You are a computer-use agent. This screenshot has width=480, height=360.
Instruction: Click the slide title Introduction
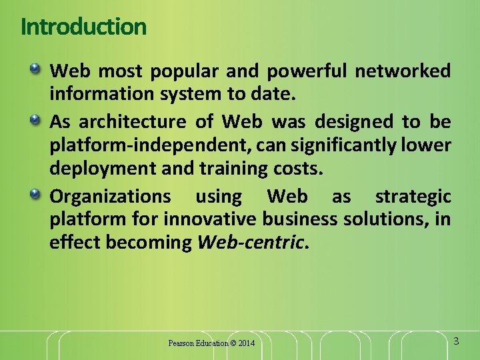[83, 27]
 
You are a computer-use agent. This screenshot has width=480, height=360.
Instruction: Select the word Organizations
[111, 197]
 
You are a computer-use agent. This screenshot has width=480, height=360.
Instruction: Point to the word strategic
[413, 197]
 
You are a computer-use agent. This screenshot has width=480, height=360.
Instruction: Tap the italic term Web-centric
[251, 243]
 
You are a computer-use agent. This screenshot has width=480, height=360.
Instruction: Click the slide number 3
[456, 341]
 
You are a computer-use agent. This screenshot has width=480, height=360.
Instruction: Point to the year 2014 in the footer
[246, 343]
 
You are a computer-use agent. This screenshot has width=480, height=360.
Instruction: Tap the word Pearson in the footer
[181, 343]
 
